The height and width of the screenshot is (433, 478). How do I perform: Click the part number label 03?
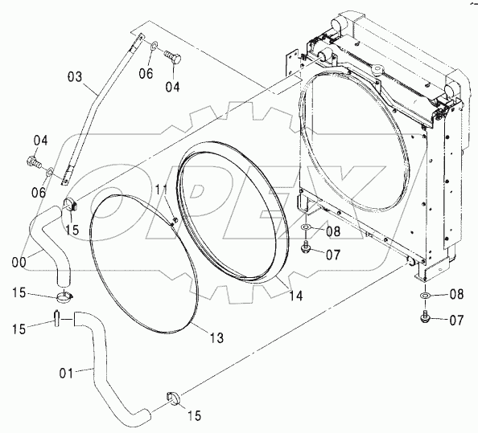[x=75, y=76]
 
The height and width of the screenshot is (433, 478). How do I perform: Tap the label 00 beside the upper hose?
[x=19, y=263]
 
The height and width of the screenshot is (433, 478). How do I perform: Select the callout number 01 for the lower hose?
[x=66, y=373]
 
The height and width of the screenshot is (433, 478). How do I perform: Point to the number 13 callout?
[x=216, y=337]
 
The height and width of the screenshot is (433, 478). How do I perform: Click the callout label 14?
[x=295, y=296]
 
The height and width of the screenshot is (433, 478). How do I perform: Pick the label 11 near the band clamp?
[x=161, y=190]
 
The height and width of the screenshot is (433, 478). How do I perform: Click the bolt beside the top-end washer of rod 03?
[x=173, y=57]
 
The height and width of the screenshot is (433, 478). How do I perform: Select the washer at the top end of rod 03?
[x=154, y=46]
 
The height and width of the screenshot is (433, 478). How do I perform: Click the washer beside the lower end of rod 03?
[x=50, y=172]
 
